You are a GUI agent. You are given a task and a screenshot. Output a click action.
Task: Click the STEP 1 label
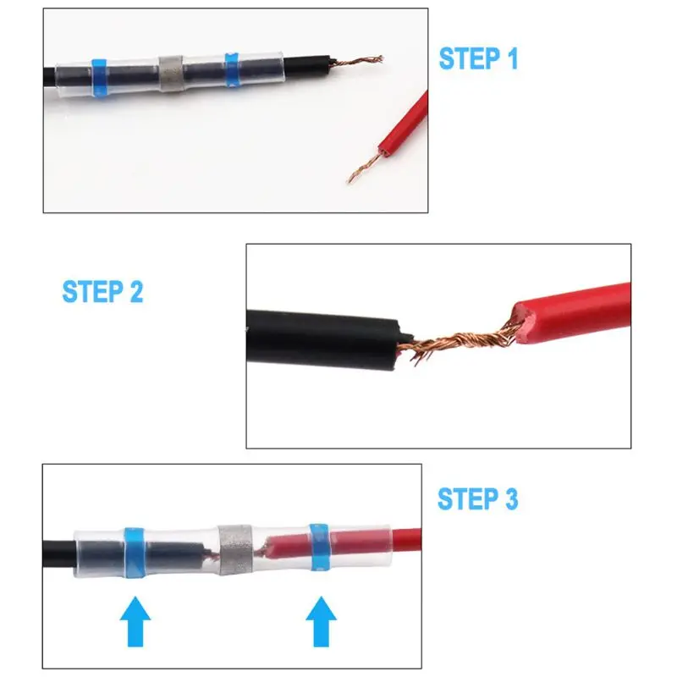coord(478,58)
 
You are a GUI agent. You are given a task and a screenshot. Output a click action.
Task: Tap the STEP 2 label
coord(102,291)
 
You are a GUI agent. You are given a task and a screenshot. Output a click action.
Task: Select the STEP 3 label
coord(477,499)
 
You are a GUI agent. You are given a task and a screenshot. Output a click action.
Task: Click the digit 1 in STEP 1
coord(512,58)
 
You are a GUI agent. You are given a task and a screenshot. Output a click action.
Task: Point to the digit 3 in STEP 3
coord(511,499)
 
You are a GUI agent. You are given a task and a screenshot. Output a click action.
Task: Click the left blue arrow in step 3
coord(135,621)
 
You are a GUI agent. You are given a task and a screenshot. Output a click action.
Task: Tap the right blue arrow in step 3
coord(321,621)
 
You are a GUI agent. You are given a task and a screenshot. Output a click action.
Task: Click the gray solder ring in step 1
coord(172,74)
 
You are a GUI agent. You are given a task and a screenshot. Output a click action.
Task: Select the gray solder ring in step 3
coord(234,550)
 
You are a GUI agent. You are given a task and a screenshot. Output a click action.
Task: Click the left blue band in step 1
coord(99,78)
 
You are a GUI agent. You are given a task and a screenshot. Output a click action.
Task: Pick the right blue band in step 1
coord(232,70)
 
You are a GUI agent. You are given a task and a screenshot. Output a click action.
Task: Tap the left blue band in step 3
coord(135,553)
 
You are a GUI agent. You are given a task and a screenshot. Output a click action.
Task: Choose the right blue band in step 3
coord(320,547)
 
